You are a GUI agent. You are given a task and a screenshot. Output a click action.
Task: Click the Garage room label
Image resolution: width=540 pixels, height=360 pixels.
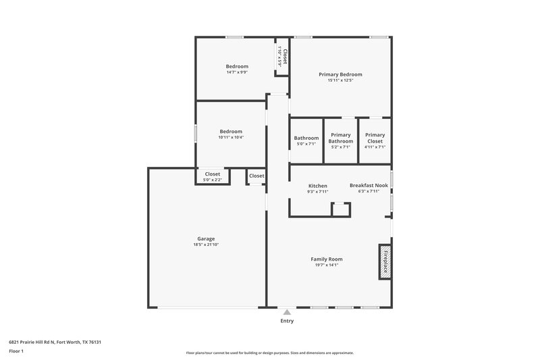(x=206, y=238)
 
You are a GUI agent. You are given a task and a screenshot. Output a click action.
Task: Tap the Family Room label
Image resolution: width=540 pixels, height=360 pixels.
(x=326, y=259)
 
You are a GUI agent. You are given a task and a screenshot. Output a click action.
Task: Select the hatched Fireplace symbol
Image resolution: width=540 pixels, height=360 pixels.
(x=385, y=261)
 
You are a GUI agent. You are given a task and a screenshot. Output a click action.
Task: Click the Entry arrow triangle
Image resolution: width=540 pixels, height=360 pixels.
(x=287, y=312)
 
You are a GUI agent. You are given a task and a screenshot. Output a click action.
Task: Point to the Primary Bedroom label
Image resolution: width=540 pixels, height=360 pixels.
(x=340, y=74)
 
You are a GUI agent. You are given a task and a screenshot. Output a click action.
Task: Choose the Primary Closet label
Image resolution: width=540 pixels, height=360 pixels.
(x=375, y=138)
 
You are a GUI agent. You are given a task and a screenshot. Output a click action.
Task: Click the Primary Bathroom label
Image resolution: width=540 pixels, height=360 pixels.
(x=340, y=138)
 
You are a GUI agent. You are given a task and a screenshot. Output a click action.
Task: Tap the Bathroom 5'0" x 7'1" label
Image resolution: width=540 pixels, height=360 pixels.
(x=306, y=138)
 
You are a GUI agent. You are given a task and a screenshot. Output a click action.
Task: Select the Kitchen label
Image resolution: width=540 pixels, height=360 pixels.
(x=318, y=186)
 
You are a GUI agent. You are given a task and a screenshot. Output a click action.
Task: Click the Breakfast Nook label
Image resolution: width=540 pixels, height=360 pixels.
(x=369, y=185)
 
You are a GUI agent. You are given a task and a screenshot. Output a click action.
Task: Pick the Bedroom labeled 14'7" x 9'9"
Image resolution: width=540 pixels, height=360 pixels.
(x=237, y=66)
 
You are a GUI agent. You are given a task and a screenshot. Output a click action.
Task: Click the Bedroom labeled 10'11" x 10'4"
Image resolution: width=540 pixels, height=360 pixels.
(x=231, y=131)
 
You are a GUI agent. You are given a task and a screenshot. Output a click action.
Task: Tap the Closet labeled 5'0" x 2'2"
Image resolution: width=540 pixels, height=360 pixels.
(x=213, y=174)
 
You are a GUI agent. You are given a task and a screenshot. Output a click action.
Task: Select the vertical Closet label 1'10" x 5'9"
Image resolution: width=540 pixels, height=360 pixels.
(x=285, y=56)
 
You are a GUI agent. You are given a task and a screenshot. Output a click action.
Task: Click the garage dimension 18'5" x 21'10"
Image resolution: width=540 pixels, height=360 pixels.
(x=206, y=245)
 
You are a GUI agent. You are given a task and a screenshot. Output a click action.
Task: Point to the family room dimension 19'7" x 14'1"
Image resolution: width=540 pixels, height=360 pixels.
(x=326, y=265)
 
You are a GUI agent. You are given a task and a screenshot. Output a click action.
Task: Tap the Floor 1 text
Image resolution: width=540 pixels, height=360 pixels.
(x=17, y=351)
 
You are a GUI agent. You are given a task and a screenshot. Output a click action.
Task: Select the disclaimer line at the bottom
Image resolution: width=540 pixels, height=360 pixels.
(x=270, y=353)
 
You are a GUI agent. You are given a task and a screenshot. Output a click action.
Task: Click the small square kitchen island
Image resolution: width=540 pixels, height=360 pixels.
(x=341, y=209)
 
